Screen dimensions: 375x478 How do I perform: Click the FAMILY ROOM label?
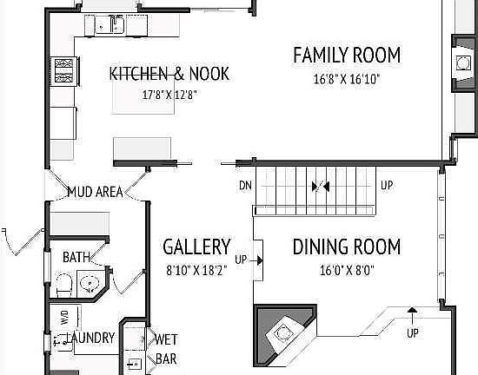[x=347, y=56]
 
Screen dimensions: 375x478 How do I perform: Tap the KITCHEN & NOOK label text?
[x=169, y=74]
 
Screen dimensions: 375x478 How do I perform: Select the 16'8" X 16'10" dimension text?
[x=348, y=79]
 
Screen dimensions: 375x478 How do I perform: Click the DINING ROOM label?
[x=346, y=247]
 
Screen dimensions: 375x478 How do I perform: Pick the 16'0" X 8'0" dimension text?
[x=346, y=269]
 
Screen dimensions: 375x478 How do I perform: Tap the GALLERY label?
[x=196, y=247]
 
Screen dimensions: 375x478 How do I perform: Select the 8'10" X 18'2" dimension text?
[x=196, y=270]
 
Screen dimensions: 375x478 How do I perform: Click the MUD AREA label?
[x=95, y=192]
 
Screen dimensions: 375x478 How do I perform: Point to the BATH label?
[x=75, y=257]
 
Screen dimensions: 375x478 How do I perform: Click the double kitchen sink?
[x=114, y=26]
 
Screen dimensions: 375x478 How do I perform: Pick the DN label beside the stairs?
[x=245, y=186]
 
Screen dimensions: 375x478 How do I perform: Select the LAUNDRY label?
[x=90, y=338]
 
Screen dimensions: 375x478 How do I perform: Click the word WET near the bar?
[x=166, y=339]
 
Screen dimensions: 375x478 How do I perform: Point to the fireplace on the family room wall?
[x=461, y=61]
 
